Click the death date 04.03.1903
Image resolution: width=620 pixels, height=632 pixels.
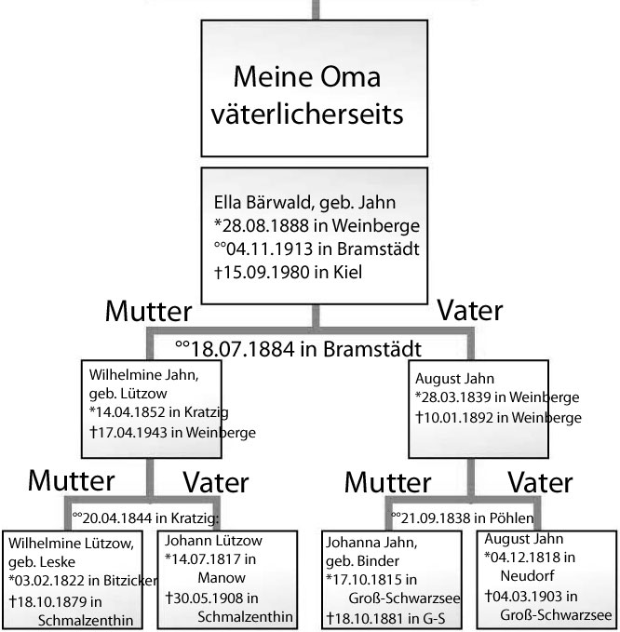528,596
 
